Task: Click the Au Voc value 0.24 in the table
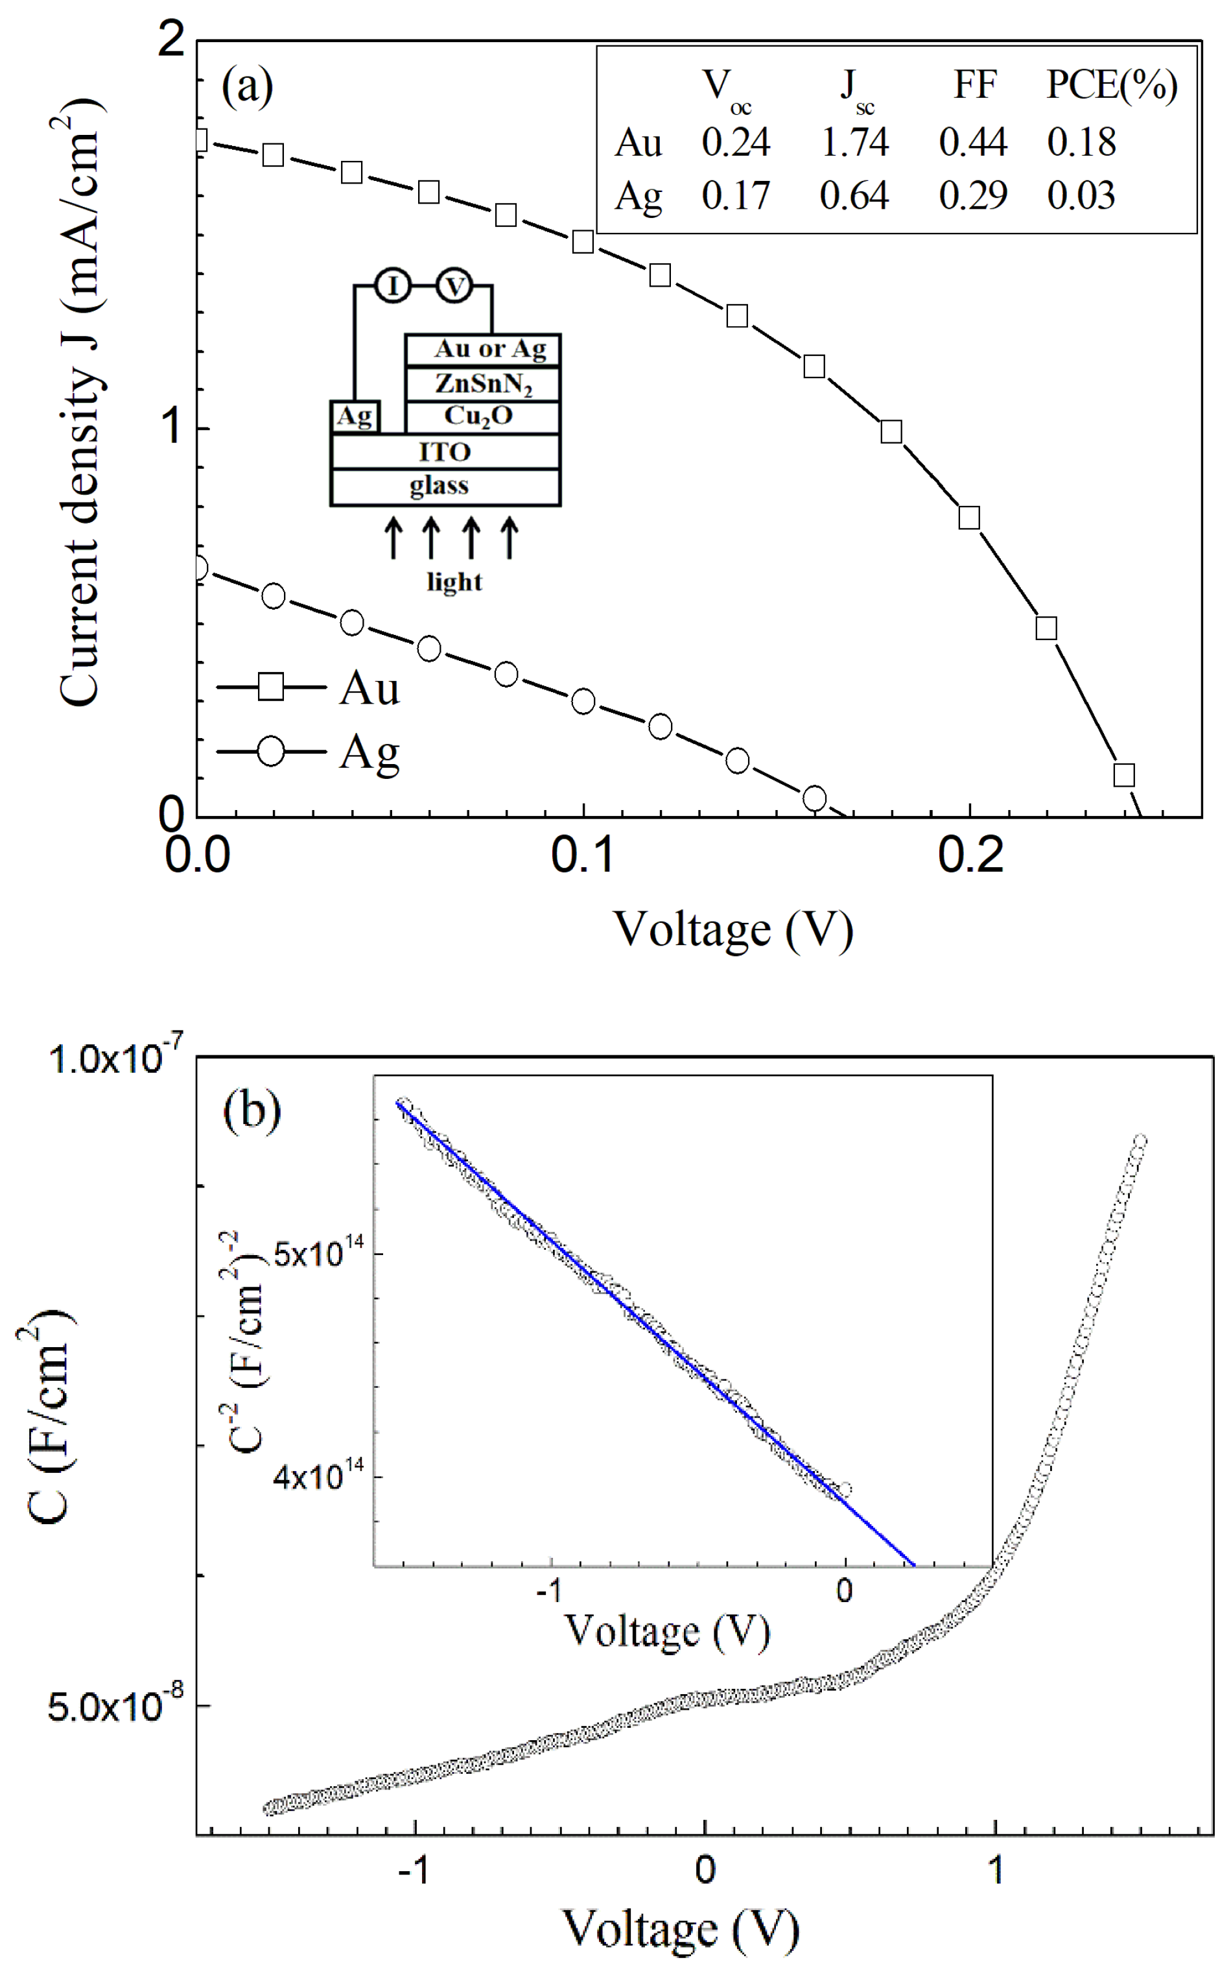735,143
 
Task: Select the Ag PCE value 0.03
1081,197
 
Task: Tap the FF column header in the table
974,85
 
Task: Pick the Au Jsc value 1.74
854,143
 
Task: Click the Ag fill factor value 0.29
972,197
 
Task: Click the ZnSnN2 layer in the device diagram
483,383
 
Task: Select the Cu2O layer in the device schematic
478,416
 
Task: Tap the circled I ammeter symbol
393,286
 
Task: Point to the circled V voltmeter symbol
455,286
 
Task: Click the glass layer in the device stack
440,486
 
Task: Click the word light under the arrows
454,582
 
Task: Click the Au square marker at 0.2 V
968,518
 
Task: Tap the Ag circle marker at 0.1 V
583,701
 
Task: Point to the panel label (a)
248,85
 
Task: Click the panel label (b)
252,1110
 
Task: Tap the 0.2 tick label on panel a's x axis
970,855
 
